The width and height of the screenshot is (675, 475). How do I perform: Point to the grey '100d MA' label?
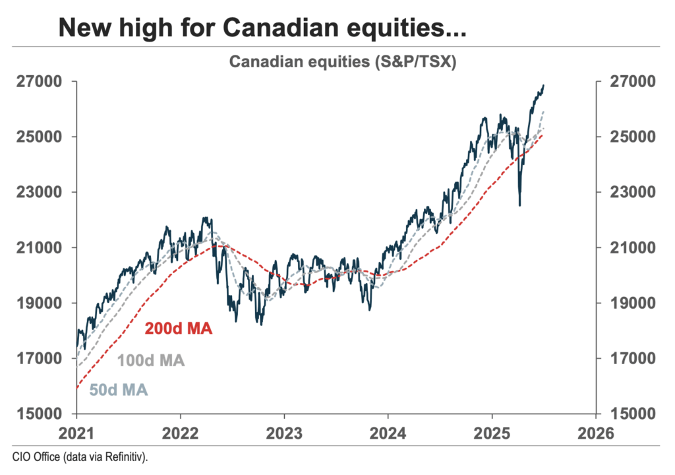(151, 361)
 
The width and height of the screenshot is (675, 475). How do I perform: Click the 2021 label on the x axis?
(76, 433)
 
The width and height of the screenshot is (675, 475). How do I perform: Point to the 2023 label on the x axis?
(284, 433)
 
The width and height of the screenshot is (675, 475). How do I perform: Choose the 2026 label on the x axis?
(596, 433)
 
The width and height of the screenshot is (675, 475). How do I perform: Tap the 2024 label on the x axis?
(388, 433)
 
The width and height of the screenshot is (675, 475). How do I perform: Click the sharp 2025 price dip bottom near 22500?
(519, 205)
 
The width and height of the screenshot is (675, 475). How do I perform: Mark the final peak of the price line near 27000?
(543, 85)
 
